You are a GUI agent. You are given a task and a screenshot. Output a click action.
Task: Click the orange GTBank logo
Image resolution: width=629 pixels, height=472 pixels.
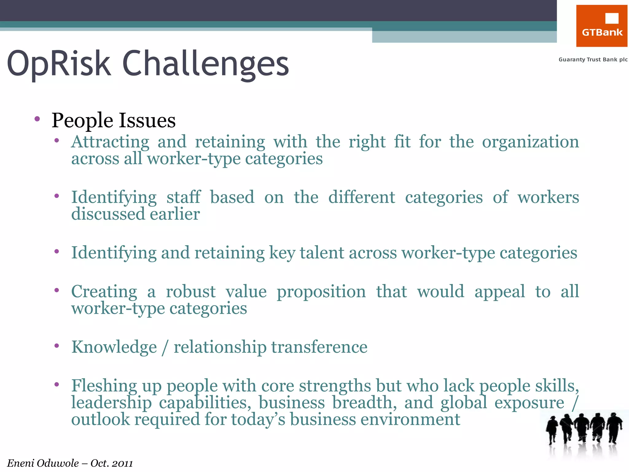601,26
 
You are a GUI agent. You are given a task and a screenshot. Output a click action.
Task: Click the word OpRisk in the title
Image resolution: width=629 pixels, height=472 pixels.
59,63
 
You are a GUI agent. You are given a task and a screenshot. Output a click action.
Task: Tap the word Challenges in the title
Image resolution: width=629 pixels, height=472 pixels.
205,64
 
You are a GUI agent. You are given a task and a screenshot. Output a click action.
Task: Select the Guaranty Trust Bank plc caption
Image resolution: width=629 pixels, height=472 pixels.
593,60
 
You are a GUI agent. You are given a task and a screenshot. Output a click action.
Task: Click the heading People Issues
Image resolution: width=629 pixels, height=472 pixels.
114,120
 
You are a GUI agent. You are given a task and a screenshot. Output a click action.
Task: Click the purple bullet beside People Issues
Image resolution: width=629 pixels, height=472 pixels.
37,119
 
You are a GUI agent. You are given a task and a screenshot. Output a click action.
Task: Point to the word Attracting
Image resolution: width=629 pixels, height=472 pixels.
110,142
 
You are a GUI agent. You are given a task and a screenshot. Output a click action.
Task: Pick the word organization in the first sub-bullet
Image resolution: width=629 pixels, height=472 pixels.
530,142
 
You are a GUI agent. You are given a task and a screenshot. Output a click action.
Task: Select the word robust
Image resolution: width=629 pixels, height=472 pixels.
191,291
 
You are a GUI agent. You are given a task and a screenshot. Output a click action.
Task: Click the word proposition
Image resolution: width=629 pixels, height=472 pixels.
321,292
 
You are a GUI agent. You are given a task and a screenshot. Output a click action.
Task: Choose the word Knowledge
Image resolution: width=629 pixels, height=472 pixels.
114,347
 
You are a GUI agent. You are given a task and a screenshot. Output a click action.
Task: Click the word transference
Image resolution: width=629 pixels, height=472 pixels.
319,347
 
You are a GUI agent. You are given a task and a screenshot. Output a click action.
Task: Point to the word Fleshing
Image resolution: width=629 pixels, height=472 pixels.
104,386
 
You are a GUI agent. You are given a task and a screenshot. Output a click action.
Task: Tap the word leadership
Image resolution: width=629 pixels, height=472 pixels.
111,403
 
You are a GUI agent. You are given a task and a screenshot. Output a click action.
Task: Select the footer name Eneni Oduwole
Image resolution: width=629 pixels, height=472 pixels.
43,463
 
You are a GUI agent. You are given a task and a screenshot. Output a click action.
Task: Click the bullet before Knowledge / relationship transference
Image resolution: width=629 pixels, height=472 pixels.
57,346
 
